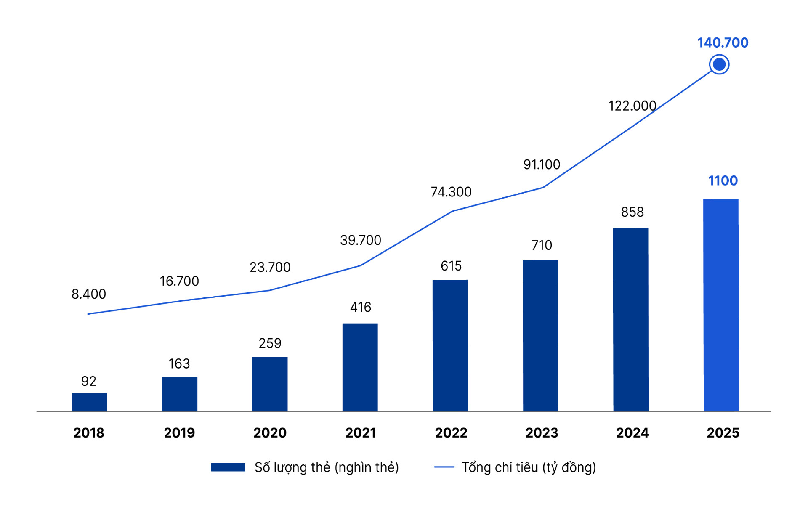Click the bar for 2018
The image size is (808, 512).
tap(89, 402)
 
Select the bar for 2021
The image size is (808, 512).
tap(360, 367)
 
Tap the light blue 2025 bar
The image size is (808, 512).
tap(720, 305)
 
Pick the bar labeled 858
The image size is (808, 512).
tap(630, 320)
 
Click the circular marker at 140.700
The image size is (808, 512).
tap(719, 65)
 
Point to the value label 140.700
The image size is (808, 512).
tap(723, 42)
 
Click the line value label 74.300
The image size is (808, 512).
tap(451, 192)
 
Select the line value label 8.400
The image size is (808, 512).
tap(89, 294)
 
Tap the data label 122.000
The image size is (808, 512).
tap(632, 106)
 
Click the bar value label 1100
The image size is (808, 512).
tap(723, 180)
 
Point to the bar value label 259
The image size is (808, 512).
tap(270, 343)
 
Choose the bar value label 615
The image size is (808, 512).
tap(451, 266)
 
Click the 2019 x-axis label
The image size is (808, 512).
tap(179, 433)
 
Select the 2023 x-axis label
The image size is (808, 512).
tap(542, 433)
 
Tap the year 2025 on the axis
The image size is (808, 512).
tap(723, 433)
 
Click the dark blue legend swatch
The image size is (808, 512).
tap(228, 467)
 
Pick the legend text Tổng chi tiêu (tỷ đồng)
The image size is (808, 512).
tap(529, 467)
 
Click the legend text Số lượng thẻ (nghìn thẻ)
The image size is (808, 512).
tap(327, 467)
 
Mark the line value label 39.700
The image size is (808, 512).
tap(361, 240)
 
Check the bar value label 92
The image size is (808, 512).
tap(89, 381)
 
